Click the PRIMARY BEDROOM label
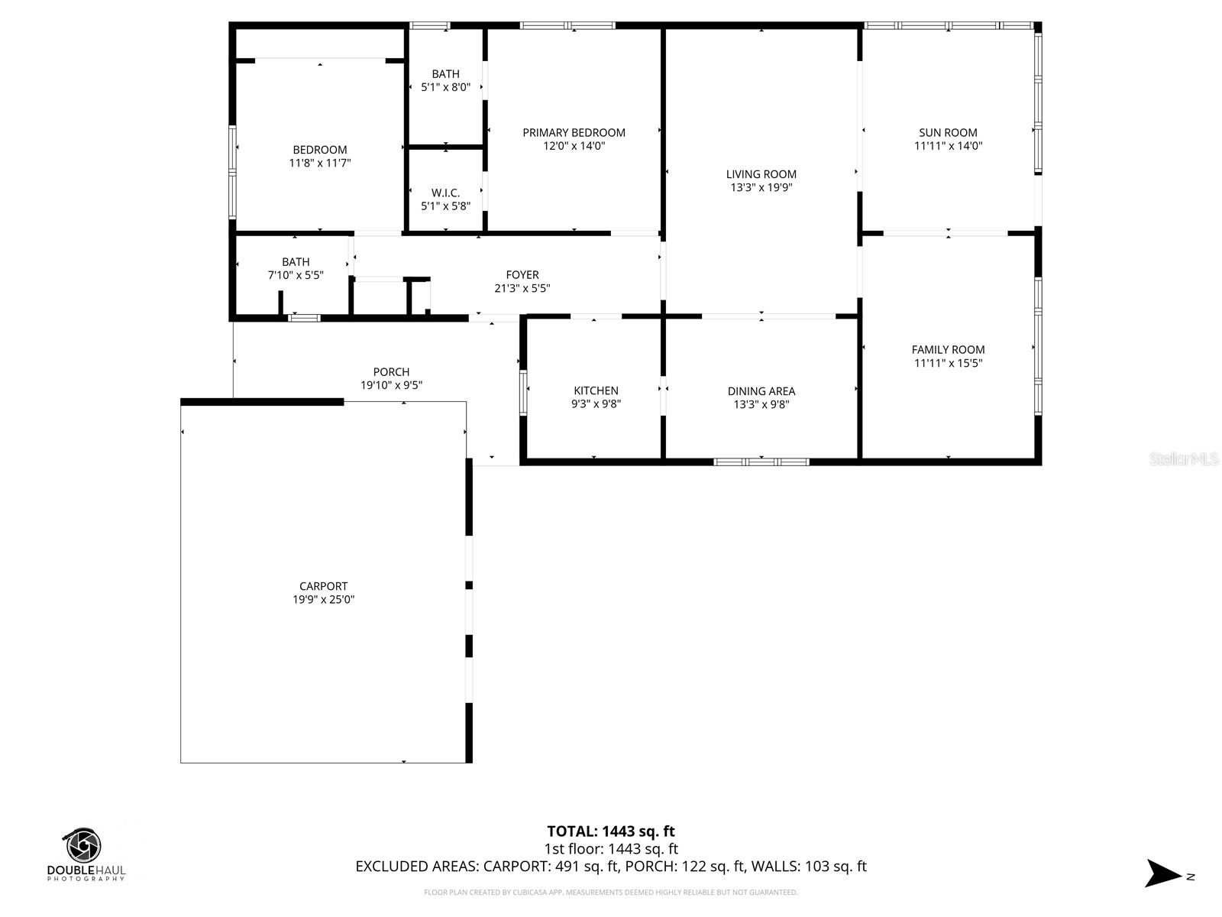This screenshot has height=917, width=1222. click(x=574, y=132)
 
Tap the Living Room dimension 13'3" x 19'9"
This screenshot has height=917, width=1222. click(x=761, y=187)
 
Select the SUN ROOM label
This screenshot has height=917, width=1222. click(x=948, y=132)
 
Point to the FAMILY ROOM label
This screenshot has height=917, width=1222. click(x=948, y=349)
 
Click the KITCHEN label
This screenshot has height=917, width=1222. click(x=596, y=390)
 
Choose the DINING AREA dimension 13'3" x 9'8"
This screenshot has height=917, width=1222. click(x=761, y=404)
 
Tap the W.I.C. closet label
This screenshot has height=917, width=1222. click(x=445, y=193)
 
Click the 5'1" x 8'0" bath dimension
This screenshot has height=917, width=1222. click(x=445, y=87)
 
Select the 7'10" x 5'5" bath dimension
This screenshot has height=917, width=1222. click(x=296, y=275)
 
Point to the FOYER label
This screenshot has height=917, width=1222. click(x=522, y=274)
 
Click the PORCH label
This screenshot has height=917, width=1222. click(x=391, y=372)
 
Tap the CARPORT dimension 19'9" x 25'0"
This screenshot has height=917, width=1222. click(x=323, y=600)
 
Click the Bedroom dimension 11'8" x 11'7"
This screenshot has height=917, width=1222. click(x=319, y=163)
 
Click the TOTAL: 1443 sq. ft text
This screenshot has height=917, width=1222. click(x=610, y=831)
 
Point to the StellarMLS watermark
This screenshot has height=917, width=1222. click(x=1184, y=459)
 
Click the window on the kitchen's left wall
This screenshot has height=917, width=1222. click(x=523, y=393)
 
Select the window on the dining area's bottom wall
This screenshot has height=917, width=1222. click(x=761, y=462)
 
